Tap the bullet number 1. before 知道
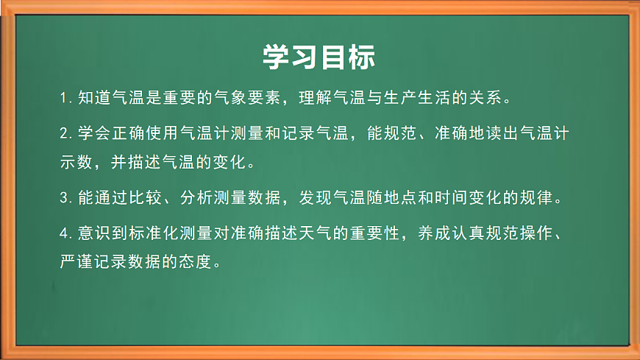tap(65, 98)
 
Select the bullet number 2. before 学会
tap(65, 133)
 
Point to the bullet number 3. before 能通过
tap(65, 197)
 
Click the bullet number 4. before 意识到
tap(65, 233)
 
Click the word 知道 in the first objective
tap(93, 98)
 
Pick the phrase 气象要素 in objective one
tap(249, 98)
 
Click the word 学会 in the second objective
tap(93, 133)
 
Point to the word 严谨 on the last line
tap(77, 261)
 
